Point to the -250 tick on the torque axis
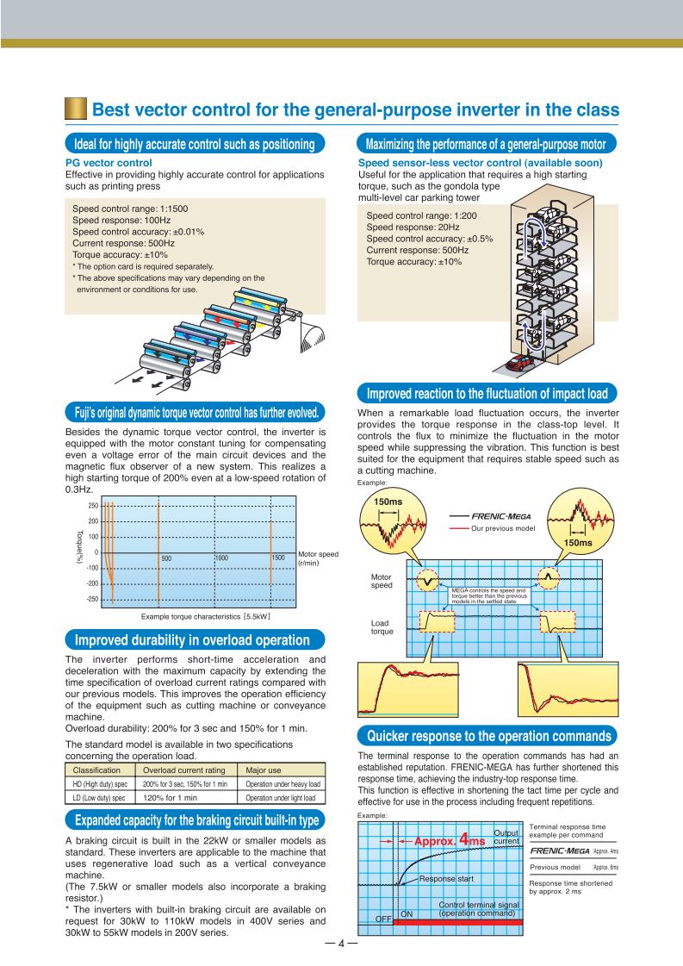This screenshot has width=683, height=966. pos(91,600)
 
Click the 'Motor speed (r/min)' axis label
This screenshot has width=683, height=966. pos(315,558)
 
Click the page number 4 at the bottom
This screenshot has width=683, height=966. pos(340,943)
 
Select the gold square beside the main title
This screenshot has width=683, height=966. pos(76,110)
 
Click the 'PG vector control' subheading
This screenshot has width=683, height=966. pos(109,162)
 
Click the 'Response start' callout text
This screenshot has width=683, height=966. pos(449,880)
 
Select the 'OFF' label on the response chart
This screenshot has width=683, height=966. pos(383,919)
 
